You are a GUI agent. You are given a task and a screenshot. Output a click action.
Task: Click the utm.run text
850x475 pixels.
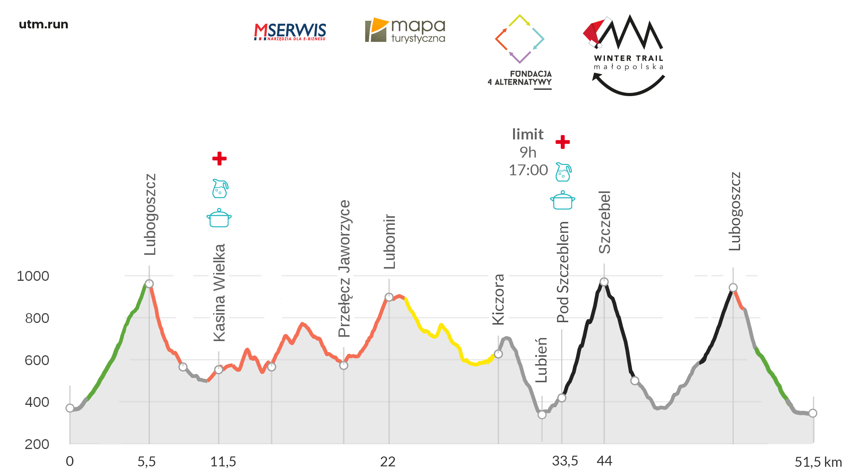click(43, 24)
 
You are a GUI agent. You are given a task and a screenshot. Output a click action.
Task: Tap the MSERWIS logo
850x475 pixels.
click(290, 32)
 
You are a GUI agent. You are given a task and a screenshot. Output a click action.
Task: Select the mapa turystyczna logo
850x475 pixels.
click(405, 30)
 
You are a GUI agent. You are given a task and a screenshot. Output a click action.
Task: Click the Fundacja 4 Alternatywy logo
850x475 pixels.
click(520, 51)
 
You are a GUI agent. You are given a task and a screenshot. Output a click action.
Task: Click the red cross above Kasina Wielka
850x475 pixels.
click(219, 158)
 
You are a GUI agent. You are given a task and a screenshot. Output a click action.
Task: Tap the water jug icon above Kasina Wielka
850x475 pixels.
click(220, 188)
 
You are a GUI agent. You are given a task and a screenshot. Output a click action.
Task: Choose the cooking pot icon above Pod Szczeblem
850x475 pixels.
click(562, 200)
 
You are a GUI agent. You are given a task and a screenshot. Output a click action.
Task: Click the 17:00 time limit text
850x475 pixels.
click(528, 170)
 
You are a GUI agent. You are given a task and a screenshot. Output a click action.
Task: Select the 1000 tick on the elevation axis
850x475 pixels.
click(33, 276)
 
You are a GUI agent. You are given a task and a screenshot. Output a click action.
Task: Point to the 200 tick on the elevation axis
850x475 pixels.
click(37, 444)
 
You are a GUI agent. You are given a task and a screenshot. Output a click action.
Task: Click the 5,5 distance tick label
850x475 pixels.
click(147, 462)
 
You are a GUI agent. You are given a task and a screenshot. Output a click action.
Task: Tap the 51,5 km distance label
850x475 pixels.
click(818, 462)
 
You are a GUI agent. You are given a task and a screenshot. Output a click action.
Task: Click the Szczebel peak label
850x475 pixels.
click(604, 222)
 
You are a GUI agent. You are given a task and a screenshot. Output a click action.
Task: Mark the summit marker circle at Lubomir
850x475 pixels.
click(389, 297)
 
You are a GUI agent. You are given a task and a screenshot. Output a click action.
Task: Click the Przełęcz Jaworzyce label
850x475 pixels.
click(344, 269)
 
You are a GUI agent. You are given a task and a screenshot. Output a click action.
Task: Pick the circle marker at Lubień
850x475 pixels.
click(542, 414)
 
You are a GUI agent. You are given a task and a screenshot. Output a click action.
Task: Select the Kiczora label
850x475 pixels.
click(498, 299)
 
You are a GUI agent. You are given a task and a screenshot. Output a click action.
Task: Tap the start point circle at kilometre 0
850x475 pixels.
click(70, 408)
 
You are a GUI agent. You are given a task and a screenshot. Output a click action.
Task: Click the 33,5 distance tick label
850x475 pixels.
click(565, 461)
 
